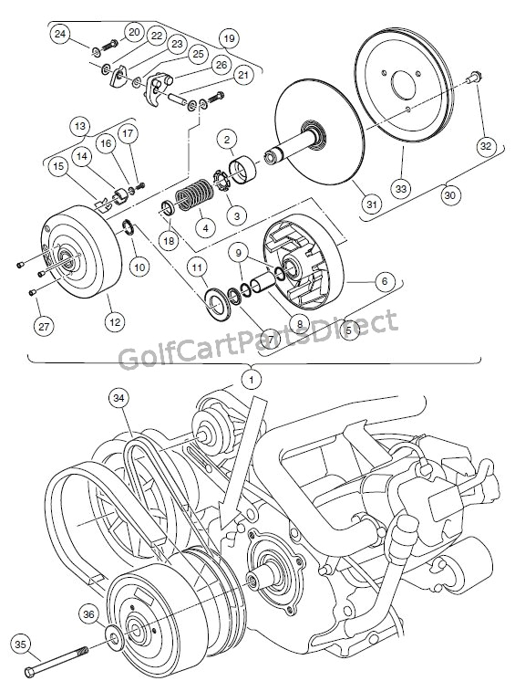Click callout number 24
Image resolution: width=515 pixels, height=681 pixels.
[61, 35]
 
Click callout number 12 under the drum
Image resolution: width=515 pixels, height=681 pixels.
[112, 321]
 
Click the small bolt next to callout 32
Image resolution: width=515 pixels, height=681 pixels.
[472, 81]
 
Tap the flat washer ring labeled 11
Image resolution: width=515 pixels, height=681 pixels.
[217, 302]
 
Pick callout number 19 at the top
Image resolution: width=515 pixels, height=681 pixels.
[227, 38]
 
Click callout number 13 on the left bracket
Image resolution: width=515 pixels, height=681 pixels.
[80, 125]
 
